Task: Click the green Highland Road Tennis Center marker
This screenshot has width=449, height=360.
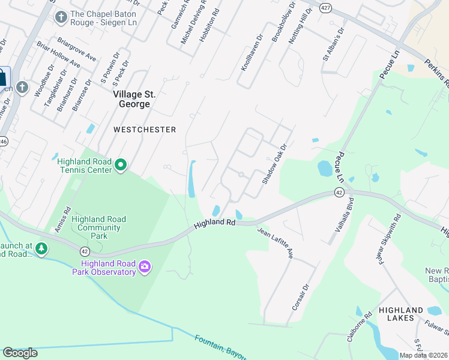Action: (x=121, y=164)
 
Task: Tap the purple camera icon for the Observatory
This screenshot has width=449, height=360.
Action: (x=144, y=266)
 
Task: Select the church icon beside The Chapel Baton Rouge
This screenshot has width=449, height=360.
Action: (x=61, y=17)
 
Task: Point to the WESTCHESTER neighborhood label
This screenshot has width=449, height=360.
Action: (x=145, y=130)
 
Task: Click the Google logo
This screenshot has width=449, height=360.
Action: (x=20, y=352)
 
